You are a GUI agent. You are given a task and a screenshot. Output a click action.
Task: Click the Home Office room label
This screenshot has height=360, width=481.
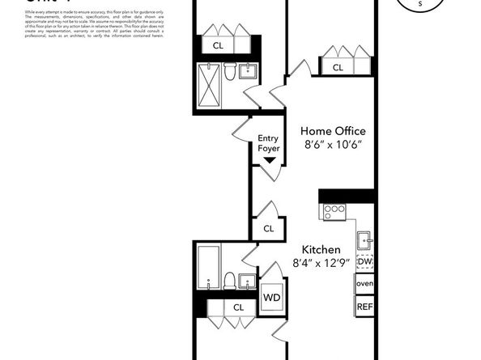coord(333,131)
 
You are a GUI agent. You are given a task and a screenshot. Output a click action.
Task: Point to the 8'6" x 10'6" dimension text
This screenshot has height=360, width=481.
coord(333,145)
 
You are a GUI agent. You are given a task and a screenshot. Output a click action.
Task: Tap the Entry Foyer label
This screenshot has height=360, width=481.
coord(268,144)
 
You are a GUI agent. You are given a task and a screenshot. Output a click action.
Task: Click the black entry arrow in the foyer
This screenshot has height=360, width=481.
coord(269,161)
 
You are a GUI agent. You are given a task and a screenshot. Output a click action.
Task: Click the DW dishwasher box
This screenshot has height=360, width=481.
coord(364,262)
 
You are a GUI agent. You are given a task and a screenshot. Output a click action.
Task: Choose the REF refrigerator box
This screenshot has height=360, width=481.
coord(364,307)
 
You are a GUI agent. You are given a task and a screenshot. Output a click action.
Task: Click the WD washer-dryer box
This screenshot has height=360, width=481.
coord(270,296)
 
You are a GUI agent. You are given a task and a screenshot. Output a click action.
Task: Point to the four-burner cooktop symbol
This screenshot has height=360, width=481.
coord(334,212)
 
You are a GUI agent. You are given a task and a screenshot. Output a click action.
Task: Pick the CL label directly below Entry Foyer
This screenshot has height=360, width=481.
coord(268,229)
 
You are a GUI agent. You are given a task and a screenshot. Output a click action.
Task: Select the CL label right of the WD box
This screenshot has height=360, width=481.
coord(239,307)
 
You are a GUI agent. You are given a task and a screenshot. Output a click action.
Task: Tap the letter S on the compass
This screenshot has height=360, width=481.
coord(419,5)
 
